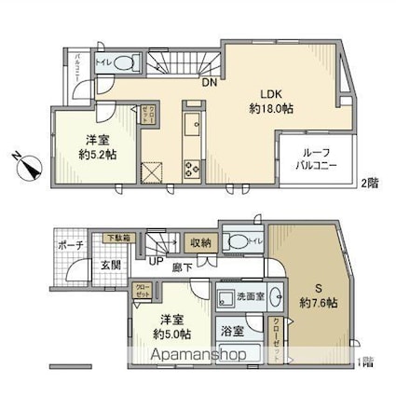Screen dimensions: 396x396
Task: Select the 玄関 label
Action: [110, 266]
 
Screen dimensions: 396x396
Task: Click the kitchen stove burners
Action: [192, 169]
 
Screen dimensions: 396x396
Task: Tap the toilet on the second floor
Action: [127, 63]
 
